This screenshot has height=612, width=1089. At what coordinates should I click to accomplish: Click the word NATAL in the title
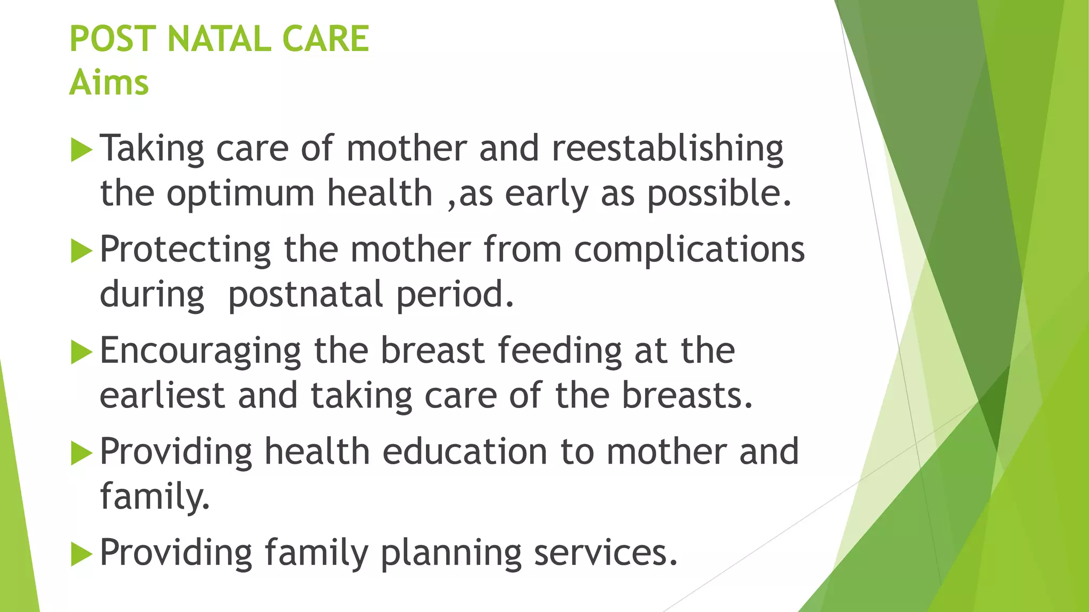tap(219, 39)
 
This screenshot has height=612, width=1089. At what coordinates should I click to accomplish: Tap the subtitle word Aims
tap(109, 83)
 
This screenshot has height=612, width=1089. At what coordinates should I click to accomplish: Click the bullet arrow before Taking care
tap(81, 150)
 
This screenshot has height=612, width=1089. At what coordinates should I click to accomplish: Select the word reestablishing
tap(667, 149)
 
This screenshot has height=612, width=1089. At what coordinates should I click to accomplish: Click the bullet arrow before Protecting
tap(81, 251)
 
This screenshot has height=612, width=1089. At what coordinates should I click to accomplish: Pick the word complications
tap(689, 250)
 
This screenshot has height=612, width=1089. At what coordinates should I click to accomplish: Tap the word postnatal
tap(305, 295)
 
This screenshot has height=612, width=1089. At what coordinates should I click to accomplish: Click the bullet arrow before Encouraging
tap(81, 352)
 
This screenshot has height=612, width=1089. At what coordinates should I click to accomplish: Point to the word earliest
tap(162, 396)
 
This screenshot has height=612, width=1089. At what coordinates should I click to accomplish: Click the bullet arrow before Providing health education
tap(81, 453)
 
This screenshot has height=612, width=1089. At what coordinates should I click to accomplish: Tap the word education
tap(464, 452)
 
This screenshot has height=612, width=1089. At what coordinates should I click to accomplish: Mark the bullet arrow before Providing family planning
tap(81, 555)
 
